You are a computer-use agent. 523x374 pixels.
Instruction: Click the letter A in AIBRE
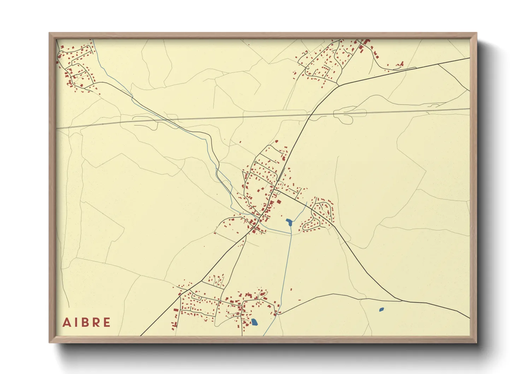click(x=66, y=322)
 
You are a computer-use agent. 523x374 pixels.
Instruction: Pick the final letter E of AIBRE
click(x=106, y=322)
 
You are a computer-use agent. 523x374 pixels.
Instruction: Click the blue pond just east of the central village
click(x=289, y=222)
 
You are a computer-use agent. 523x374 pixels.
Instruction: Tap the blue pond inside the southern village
click(x=254, y=322)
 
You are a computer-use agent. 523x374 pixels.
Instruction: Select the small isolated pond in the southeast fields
click(x=381, y=310)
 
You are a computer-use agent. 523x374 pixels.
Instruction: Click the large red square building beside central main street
click(x=278, y=202)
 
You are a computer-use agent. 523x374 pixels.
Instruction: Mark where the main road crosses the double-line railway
click(x=310, y=115)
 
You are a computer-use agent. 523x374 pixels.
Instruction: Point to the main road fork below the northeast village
click(x=338, y=85)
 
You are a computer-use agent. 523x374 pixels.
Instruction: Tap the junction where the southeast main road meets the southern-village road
click(x=402, y=301)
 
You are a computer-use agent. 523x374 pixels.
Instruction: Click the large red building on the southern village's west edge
click(x=176, y=310)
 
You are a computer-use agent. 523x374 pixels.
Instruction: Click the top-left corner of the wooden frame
click(x=49, y=33)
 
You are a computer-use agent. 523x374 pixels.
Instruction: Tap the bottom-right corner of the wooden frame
click(x=476, y=343)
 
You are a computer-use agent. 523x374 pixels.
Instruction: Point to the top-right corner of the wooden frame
click(x=476, y=33)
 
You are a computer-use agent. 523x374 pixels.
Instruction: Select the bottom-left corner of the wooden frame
click(x=49, y=343)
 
